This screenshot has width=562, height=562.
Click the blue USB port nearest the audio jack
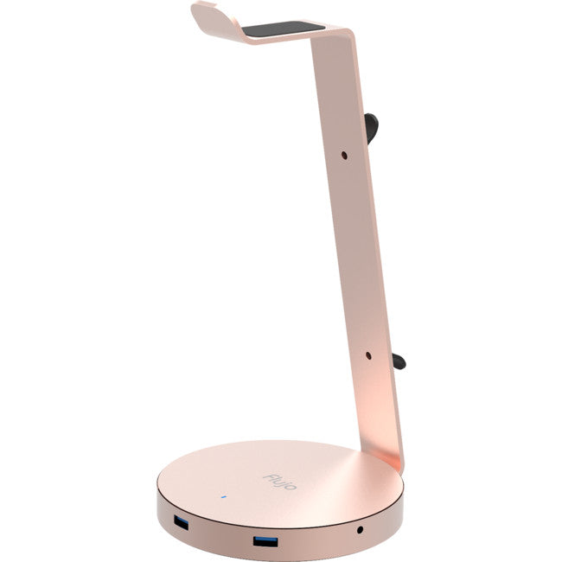click(265, 542)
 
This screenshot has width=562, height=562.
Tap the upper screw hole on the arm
click(345, 155)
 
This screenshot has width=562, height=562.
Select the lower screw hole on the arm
click(367, 354)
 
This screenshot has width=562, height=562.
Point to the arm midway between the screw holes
click(356, 255)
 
